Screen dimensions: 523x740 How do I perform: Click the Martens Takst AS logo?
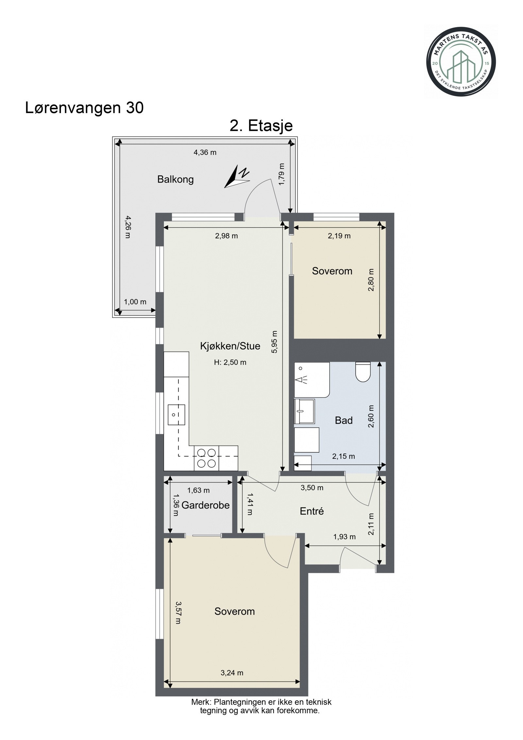[x=461, y=61]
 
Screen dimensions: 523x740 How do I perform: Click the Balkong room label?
[x=176, y=179]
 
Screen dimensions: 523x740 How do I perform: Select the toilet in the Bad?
[x=363, y=371]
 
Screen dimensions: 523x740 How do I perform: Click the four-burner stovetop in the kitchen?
[x=206, y=458]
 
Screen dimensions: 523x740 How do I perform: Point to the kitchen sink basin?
[x=176, y=415]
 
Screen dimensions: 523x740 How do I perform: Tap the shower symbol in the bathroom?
[x=312, y=380]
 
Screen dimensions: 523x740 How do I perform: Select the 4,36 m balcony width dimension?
[x=205, y=152]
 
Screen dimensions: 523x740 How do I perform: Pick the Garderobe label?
[x=205, y=505]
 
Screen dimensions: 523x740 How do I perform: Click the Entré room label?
[x=312, y=511]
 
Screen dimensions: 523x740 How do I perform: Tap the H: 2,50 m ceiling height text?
[x=230, y=362]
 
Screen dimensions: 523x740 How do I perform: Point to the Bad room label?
[x=344, y=420]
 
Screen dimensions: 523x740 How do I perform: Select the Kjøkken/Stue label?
[x=230, y=346]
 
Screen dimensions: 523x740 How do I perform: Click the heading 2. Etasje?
[x=261, y=126]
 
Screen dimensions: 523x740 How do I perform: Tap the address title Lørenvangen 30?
[x=84, y=108]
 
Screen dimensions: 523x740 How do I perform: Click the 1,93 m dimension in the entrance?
[x=344, y=537]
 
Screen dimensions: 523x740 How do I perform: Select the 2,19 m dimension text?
[x=339, y=236]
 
